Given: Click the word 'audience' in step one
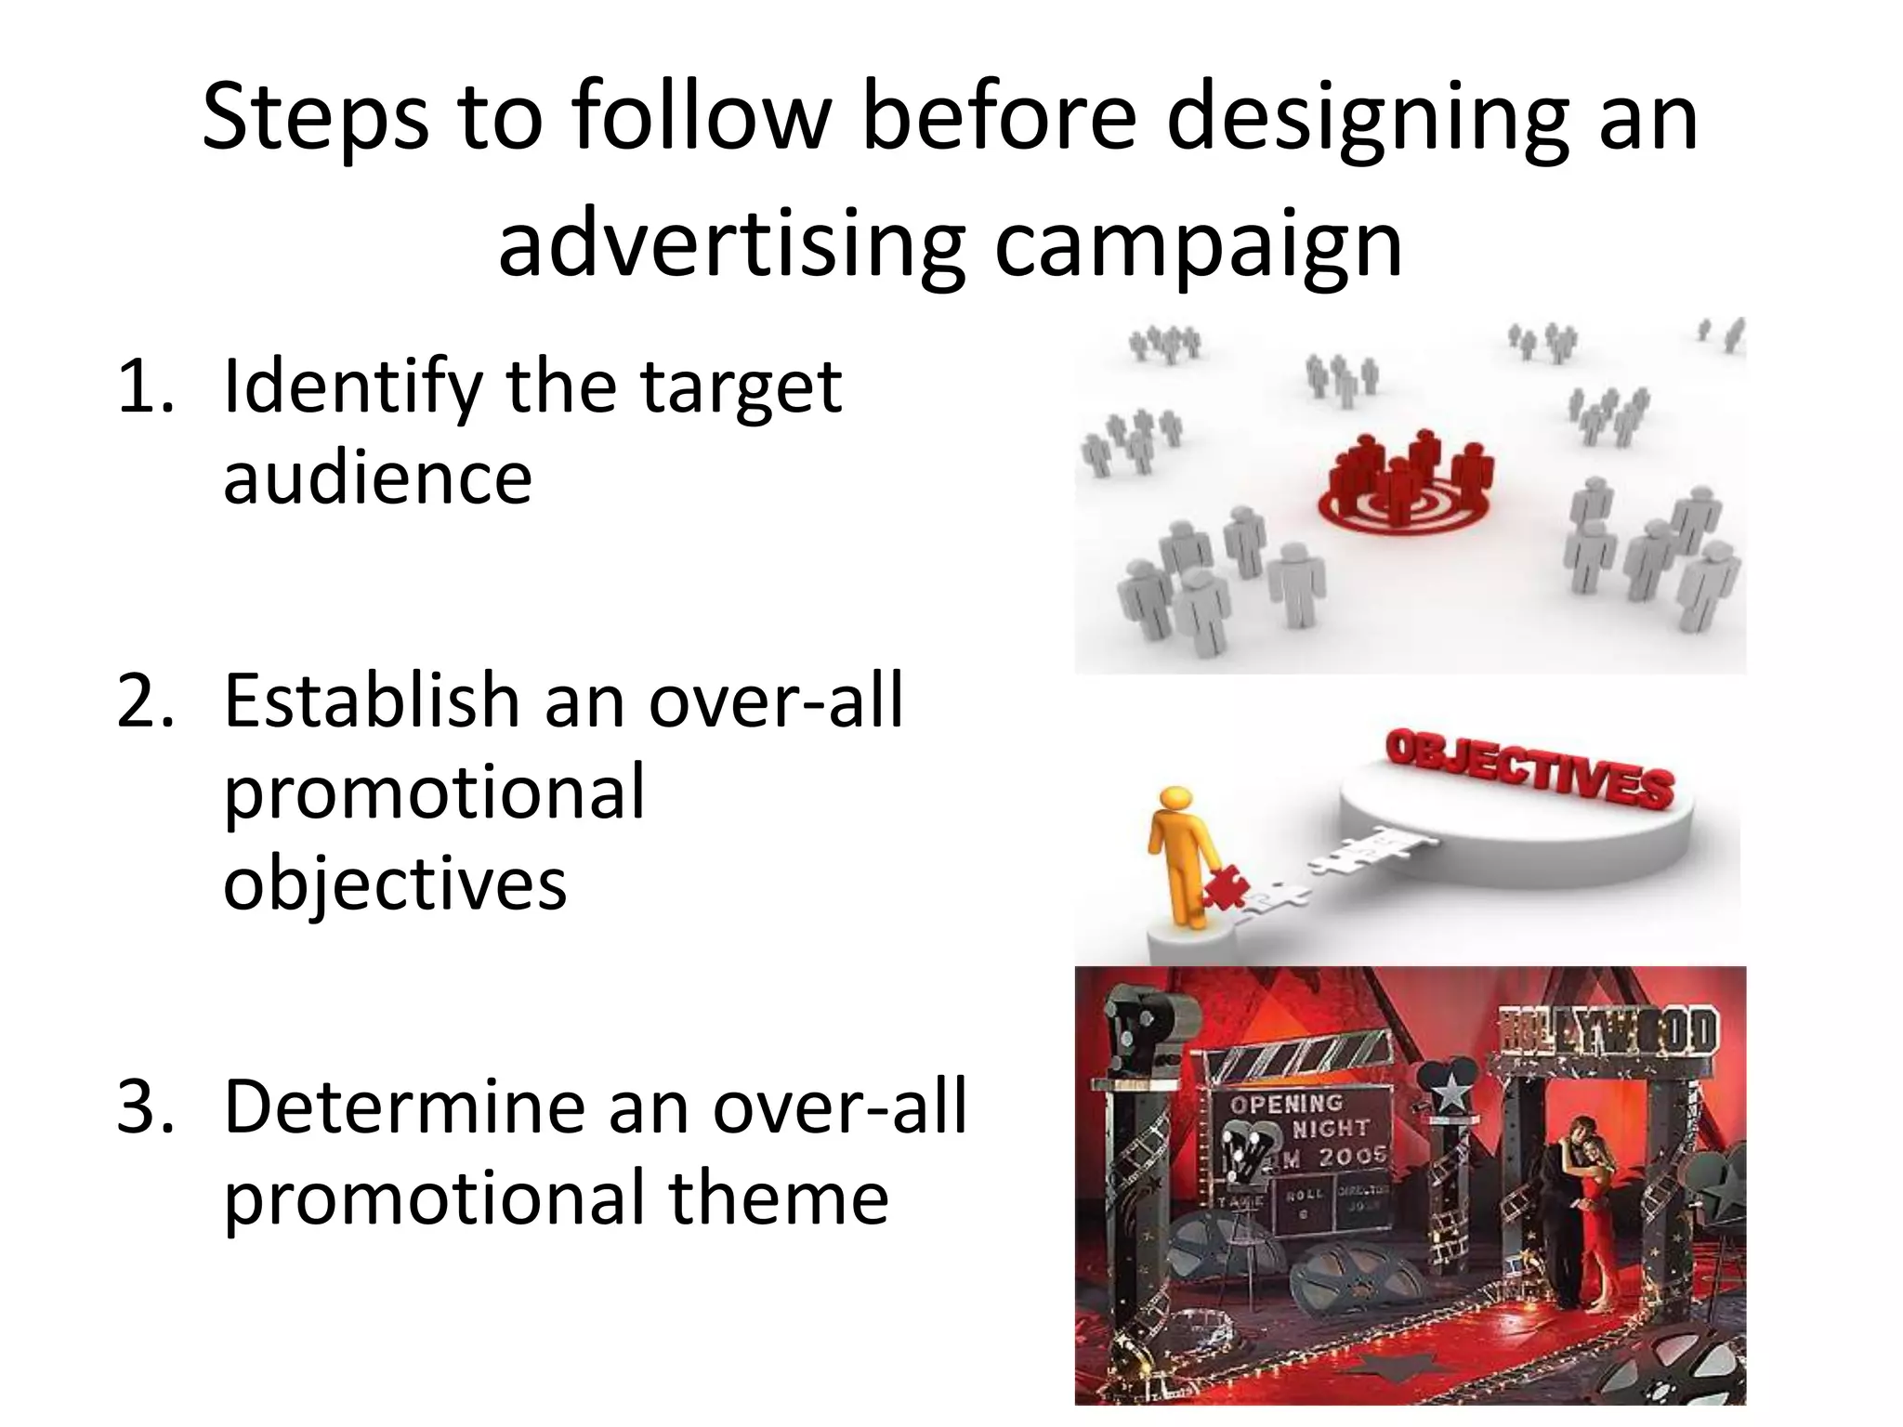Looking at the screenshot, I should (x=377, y=478).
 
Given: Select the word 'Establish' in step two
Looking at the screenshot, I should (x=371, y=700).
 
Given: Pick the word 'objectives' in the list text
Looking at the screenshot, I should (x=395, y=883).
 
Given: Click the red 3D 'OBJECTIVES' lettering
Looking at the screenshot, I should (x=1529, y=767).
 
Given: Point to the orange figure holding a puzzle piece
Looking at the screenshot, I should (x=1175, y=855).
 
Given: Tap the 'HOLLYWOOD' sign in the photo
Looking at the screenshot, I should (x=1608, y=1030).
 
